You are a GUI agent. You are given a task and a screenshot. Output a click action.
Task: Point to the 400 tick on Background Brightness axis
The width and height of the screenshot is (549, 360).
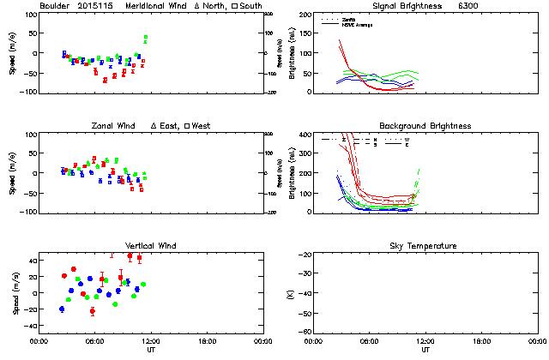point(306,135)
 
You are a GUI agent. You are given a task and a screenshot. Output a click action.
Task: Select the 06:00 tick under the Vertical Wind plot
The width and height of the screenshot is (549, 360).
point(94,340)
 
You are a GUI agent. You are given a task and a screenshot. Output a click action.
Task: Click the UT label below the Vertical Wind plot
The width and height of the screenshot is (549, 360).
point(150,350)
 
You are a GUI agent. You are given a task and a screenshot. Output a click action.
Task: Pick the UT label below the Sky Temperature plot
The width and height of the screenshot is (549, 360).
point(425,350)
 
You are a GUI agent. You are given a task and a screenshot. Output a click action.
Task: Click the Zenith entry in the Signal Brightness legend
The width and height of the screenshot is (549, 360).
point(349,19)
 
